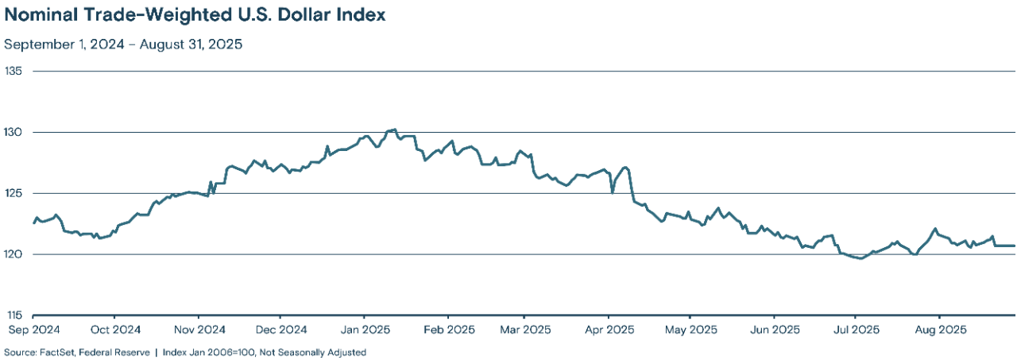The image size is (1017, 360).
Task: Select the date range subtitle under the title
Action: tap(123, 45)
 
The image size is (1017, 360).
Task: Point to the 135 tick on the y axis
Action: tap(14, 71)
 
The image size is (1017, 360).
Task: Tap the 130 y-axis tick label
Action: tap(14, 132)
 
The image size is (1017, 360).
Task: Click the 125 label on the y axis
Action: tap(14, 193)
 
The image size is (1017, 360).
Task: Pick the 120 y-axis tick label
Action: tap(14, 254)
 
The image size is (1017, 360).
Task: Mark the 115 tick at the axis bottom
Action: tap(14, 315)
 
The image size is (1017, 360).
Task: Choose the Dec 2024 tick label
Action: tap(281, 329)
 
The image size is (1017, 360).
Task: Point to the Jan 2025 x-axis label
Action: tap(365, 329)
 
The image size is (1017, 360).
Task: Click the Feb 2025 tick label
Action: tap(448, 329)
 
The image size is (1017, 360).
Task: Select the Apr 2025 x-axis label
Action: tap(608, 329)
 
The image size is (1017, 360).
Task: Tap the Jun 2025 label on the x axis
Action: tap(774, 329)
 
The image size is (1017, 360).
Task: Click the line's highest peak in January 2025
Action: tap(395, 129)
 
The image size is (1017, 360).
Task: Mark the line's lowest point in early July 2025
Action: tap(861, 258)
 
